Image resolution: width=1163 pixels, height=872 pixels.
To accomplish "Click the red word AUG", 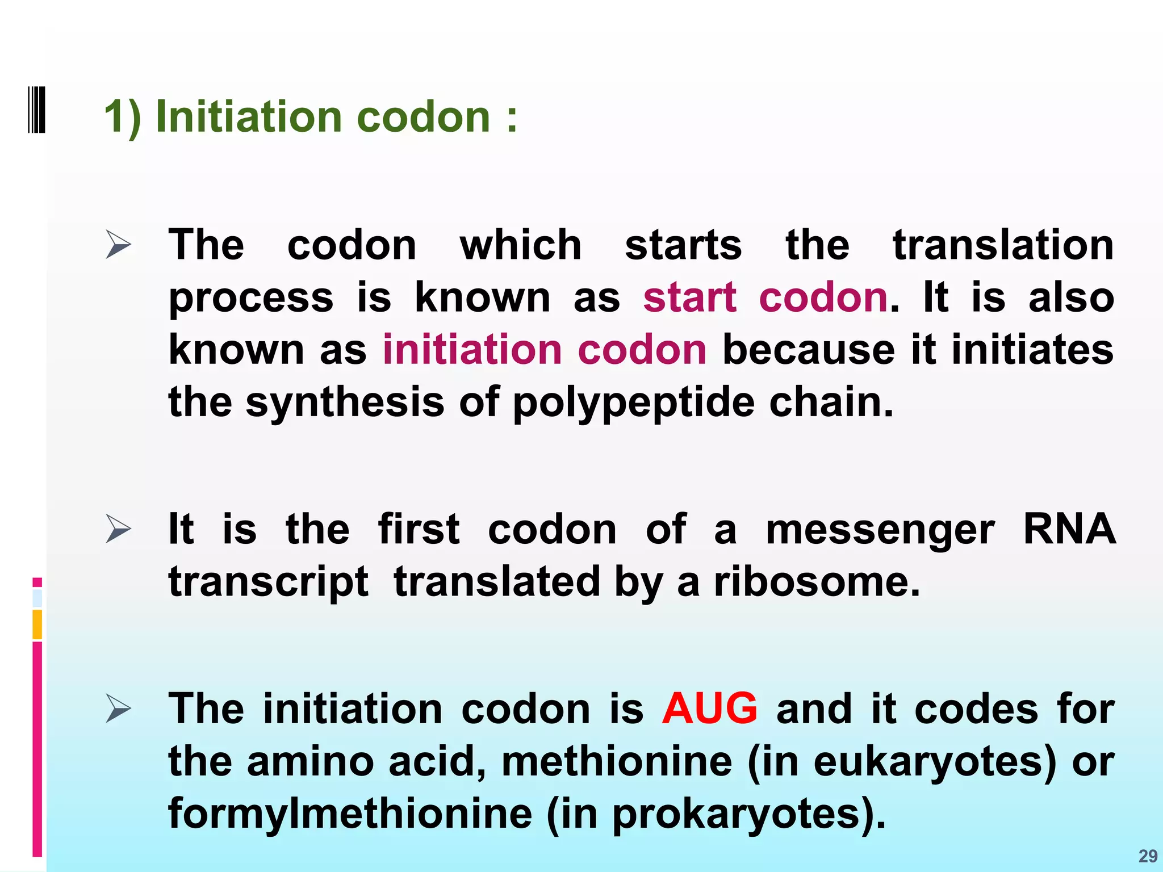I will tap(709, 709).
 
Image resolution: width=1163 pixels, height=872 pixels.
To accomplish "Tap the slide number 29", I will tap(1148, 856).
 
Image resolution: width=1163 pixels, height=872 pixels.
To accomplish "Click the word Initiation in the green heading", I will tap(249, 116).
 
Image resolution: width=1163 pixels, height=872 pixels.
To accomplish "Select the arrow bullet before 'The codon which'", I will tap(118, 246).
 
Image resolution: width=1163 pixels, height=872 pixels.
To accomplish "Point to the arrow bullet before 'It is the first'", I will tap(118, 530).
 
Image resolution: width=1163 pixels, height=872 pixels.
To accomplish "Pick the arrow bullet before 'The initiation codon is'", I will tap(118, 710).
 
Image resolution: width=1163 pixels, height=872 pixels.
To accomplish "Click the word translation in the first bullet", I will tap(1003, 245).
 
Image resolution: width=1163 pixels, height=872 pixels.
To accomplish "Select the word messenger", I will tap(880, 530).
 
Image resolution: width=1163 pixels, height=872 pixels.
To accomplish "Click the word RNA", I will tap(1069, 529).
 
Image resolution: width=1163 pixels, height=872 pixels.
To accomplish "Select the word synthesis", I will tap(345, 403).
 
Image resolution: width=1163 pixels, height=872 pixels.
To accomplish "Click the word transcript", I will tap(268, 583).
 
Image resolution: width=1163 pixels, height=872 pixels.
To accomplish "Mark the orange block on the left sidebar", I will tap(37, 624).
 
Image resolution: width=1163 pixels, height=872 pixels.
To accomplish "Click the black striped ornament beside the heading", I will tap(36, 109).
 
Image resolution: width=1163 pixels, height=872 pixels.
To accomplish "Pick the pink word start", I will tap(689, 297).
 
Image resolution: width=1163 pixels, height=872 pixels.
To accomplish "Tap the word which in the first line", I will tap(520, 245).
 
